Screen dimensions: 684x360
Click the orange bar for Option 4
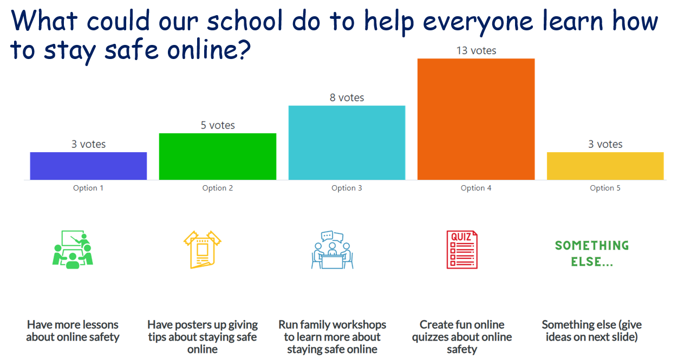point(476,119)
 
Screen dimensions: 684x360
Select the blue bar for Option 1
point(88,166)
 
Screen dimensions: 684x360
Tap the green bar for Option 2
point(218,156)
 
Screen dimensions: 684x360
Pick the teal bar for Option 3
point(347,142)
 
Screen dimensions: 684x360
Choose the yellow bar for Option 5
point(605,166)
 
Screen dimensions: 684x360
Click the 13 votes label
point(477,50)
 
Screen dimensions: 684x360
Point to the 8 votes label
point(347,97)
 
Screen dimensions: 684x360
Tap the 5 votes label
point(218,125)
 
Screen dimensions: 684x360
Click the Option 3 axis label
point(347,188)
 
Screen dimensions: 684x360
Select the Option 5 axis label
point(605,188)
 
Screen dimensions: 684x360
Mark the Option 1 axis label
point(88,188)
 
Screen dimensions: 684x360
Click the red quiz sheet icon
point(462,250)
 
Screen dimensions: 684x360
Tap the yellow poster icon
point(203,250)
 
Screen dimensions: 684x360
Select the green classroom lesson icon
point(73,250)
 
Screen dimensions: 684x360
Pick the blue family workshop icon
point(332,250)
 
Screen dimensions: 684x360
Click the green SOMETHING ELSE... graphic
point(592,253)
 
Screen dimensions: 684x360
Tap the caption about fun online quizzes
point(462,337)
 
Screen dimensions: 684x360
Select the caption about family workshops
point(332,337)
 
